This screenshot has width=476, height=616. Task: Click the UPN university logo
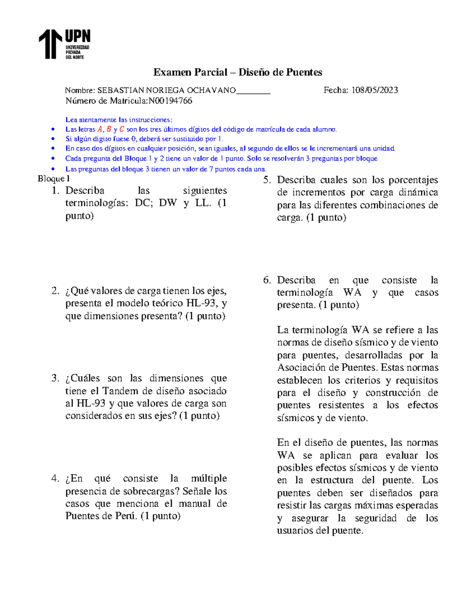point(64,44)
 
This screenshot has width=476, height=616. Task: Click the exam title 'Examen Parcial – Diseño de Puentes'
point(238,72)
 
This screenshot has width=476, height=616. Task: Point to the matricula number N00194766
point(170,101)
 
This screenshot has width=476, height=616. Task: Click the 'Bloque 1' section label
point(54,179)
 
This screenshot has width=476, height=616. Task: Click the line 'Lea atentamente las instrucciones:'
point(119,119)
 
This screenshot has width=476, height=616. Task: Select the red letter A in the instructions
point(100,129)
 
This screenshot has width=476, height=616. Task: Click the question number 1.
point(55,191)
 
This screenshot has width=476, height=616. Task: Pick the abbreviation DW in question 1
point(167,203)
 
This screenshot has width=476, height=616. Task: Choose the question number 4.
point(55,478)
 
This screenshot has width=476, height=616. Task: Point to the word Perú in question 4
point(126,516)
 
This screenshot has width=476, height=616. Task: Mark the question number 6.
point(267,280)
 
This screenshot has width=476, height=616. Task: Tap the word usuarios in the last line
point(295,531)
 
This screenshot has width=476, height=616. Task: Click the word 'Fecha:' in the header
point(335,90)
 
